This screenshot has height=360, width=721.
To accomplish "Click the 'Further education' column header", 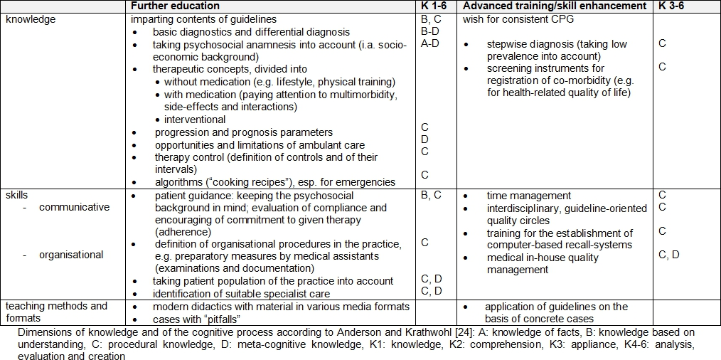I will tap(176, 6).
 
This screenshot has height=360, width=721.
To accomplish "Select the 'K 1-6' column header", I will tap(434, 6).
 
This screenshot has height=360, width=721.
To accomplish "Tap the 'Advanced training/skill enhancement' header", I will tap(555, 6).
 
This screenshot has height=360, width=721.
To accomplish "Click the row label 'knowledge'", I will tap(31, 19).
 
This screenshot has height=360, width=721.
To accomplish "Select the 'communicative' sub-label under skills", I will tap(74, 207).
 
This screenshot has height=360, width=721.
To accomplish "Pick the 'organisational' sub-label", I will tap(71, 255).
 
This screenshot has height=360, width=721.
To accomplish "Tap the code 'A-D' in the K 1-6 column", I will tap(430, 43).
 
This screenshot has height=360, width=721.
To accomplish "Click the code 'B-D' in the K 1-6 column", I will tap(430, 31).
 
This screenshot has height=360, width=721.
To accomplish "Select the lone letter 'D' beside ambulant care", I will tap(424, 139).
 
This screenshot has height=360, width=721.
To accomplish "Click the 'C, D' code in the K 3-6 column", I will tap(669, 255).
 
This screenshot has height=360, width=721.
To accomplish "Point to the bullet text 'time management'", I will tap(529, 196).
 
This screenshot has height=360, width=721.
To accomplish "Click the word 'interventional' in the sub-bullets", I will tap(195, 120).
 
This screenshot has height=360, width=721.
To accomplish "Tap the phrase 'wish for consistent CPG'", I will tap(518, 19).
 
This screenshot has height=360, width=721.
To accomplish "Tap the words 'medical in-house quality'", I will tap(543, 258).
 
